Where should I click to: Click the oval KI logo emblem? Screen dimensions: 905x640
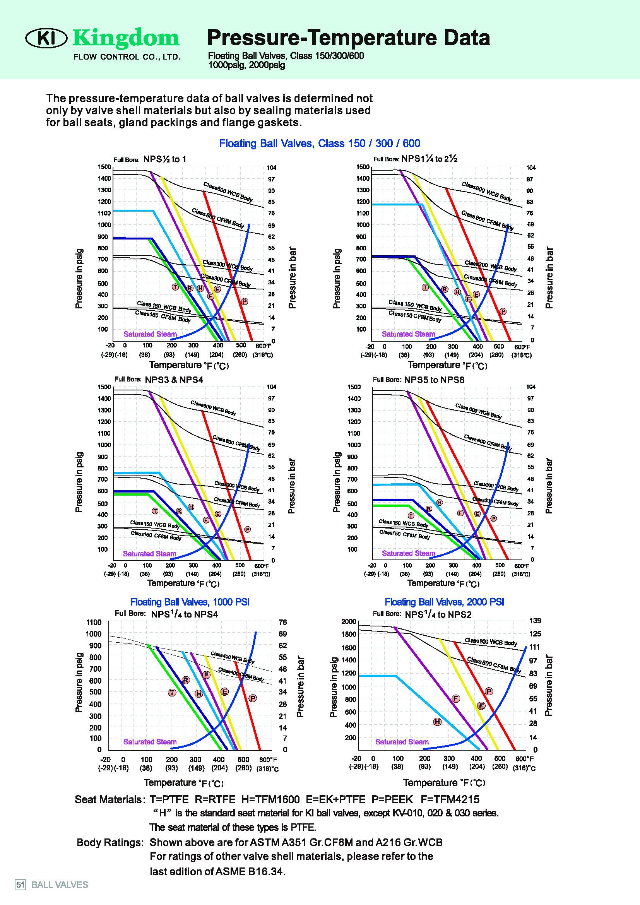[x=46, y=38]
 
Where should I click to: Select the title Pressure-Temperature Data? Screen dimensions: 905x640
[x=348, y=38]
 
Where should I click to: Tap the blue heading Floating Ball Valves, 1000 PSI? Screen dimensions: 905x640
[x=190, y=602]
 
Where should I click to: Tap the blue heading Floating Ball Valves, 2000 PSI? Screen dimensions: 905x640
[x=444, y=602]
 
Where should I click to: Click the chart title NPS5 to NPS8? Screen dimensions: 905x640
[x=434, y=380]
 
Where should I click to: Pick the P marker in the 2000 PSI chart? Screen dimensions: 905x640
[x=489, y=691]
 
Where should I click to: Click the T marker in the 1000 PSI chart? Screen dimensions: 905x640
[x=172, y=693]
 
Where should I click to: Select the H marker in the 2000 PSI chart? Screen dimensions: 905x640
[x=437, y=722]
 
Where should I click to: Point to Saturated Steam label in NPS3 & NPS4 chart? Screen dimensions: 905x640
[x=149, y=554]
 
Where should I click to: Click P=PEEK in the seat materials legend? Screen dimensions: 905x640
[x=392, y=799]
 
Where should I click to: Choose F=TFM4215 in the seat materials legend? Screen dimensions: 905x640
[x=450, y=799]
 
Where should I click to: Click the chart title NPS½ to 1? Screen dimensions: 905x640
[x=165, y=159]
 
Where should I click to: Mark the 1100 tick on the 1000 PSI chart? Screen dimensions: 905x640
[x=94, y=623]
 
